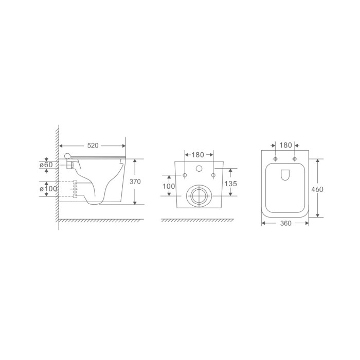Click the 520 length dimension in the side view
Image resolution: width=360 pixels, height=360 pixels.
pos(93,146)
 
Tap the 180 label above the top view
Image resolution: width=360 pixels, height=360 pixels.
pos(285,146)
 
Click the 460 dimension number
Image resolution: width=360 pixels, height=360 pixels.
pos(317,189)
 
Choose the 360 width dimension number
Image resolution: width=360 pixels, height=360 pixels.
pos(285,223)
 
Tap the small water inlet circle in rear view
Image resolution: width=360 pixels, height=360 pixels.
pos(199,169)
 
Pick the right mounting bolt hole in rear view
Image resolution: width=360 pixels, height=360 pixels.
pos(213,176)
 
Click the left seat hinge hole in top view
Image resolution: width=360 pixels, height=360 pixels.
pos(276,158)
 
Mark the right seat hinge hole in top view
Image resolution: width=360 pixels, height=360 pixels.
pos(295,158)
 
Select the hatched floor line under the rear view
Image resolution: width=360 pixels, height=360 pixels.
pos(199,221)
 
